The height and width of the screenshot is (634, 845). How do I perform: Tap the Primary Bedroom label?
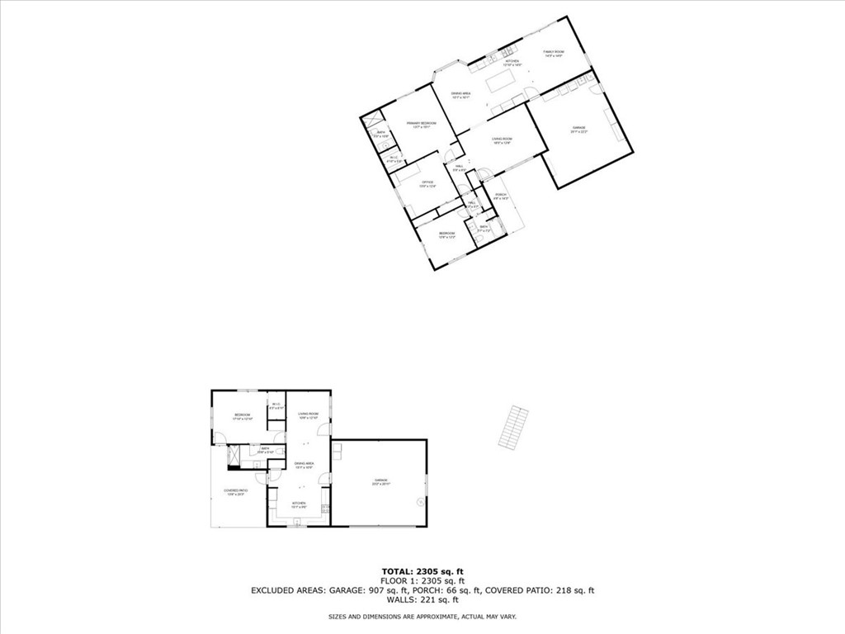421,125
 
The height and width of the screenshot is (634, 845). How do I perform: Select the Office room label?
427,183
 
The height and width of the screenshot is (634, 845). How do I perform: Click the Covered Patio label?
236,492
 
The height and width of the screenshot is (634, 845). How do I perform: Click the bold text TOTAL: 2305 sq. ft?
422,571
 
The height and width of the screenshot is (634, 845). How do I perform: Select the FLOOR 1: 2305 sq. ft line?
422,580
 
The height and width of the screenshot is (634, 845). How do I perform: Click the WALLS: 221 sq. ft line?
422,600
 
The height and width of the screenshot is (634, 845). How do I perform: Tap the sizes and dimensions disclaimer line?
422,617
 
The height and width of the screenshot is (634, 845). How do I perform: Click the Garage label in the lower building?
380,481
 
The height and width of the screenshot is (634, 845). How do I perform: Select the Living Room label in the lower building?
309,415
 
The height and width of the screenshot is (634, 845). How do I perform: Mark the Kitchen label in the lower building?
299,504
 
